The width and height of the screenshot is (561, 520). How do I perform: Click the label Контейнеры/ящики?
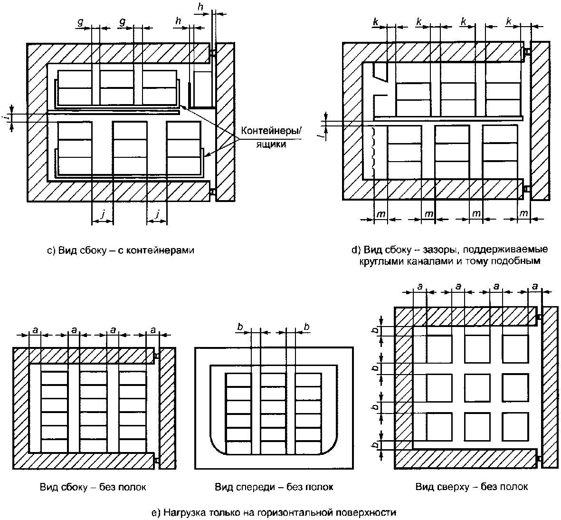[x=271, y=137]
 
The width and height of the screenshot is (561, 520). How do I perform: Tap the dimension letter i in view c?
[x=8, y=117]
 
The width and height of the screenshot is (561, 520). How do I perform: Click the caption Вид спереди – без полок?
[x=274, y=487]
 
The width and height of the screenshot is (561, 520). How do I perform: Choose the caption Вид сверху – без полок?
[x=472, y=487]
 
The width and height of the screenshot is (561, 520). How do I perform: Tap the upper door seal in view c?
[x=212, y=53]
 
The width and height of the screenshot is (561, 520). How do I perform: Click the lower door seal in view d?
[x=527, y=188]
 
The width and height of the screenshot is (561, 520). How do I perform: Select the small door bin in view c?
[x=202, y=89]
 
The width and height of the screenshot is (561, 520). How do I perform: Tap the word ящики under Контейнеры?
[x=271, y=144]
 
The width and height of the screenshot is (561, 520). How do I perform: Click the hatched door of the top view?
[x=550, y=387]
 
